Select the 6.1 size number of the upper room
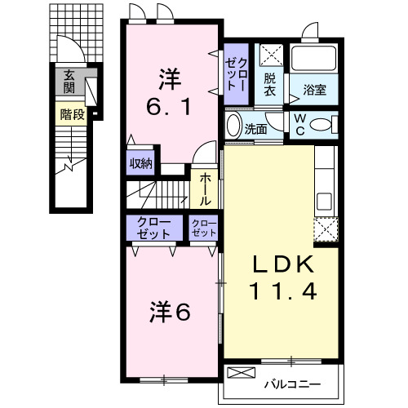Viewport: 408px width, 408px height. pos(170,108)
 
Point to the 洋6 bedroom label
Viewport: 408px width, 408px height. pos(170,311)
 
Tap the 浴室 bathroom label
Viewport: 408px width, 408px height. pos(315,90)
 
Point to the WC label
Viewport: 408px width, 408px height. pos(300,124)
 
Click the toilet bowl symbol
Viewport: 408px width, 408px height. pos(322,124)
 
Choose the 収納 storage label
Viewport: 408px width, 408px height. pos(140,163)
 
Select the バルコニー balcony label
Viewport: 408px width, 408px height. pos(291,384)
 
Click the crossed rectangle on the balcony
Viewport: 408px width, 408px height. pos(241,374)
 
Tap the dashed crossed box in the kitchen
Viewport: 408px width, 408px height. pos(326,230)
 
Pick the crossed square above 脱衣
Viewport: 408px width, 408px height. pos(270,57)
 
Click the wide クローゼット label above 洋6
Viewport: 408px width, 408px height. pos(154,228)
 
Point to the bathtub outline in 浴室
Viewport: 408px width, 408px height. pos(315,61)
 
